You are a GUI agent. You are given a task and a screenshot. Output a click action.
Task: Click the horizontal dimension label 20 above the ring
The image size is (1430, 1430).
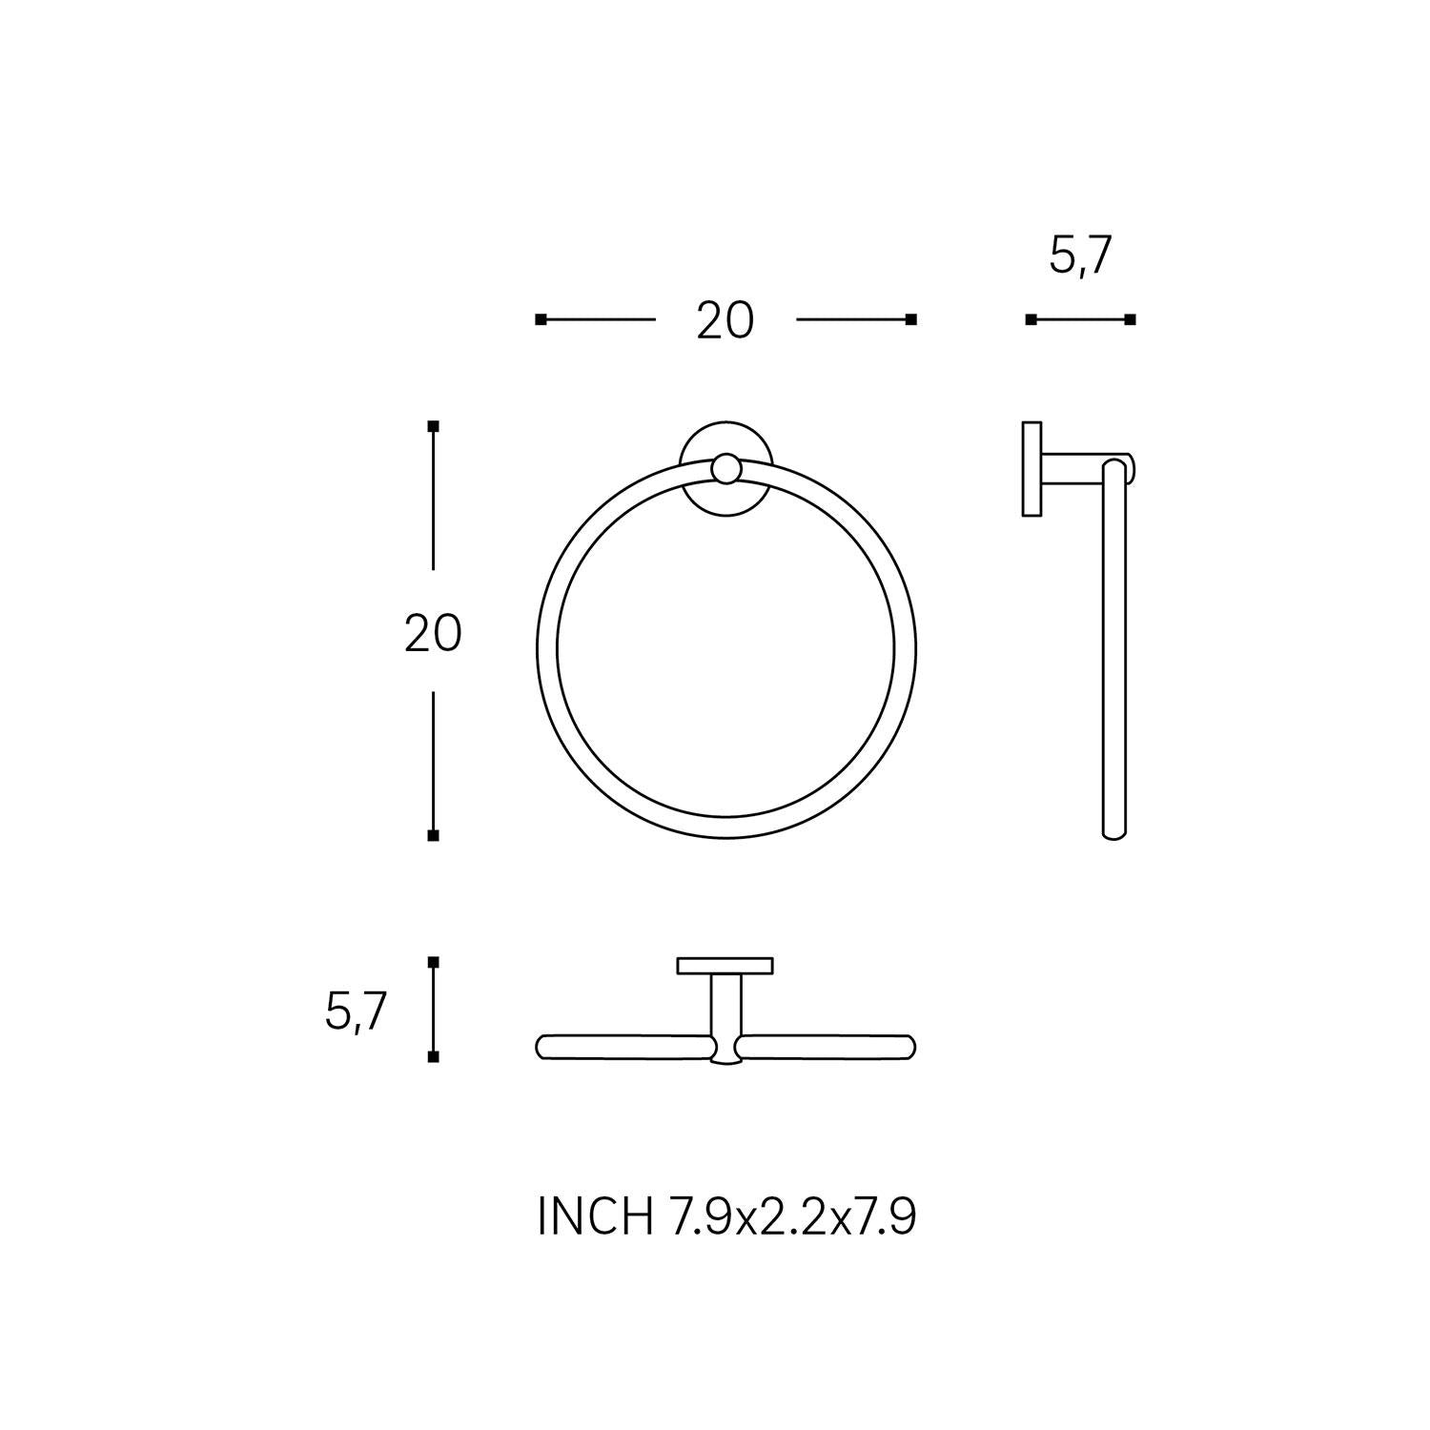click(x=725, y=320)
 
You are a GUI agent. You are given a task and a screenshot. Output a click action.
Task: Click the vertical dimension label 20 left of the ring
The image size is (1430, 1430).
click(x=433, y=633)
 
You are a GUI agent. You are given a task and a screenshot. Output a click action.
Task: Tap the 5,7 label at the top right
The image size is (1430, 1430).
click(x=1080, y=256)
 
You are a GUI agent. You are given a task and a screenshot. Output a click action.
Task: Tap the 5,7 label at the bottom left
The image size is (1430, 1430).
click(x=355, y=1011)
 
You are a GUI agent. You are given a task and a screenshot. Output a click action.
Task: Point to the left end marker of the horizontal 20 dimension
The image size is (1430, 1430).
click(x=541, y=319)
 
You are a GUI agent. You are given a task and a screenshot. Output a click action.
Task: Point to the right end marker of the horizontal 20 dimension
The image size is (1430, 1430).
click(x=910, y=319)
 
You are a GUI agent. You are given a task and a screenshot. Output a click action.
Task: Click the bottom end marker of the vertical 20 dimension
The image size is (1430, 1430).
click(x=433, y=835)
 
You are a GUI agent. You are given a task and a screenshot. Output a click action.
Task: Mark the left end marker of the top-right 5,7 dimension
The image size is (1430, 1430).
click(x=1031, y=319)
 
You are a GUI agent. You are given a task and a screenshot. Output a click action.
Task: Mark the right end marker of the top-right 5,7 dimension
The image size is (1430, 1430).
click(x=1131, y=319)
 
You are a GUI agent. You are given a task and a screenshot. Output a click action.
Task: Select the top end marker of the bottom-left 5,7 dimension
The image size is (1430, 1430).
click(x=433, y=963)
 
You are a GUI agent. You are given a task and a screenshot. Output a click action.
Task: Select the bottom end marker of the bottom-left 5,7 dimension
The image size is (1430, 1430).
click(x=433, y=1057)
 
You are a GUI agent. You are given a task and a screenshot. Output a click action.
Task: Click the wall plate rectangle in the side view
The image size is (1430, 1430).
click(x=1031, y=468)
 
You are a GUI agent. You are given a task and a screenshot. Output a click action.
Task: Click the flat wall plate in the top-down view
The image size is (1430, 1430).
click(x=725, y=965)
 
